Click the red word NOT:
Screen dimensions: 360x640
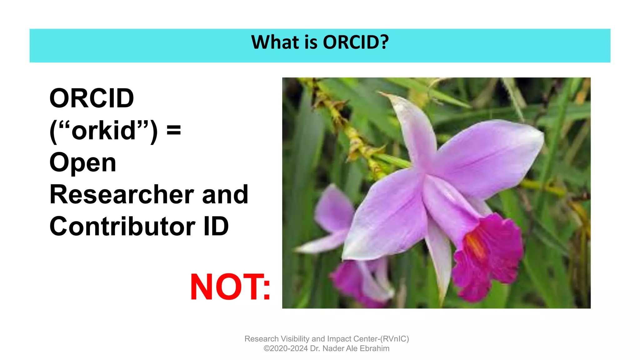(x=230, y=287)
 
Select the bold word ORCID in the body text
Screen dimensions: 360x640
(x=92, y=98)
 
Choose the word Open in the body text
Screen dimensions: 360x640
(x=83, y=163)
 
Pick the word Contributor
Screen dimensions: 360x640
(x=122, y=227)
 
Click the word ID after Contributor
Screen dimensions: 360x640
(x=216, y=227)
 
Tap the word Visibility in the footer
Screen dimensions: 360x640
(x=295, y=339)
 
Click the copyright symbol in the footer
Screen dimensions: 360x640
(x=266, y=348)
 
